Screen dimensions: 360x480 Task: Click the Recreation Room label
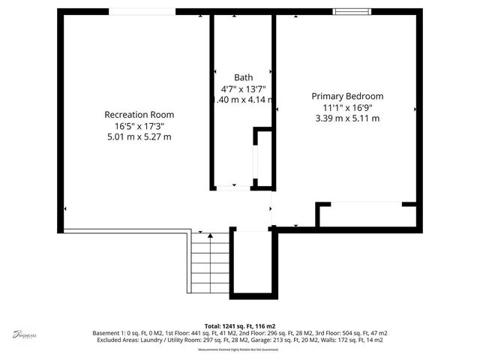click(139, 115)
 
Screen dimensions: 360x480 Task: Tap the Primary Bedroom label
click(347, 96)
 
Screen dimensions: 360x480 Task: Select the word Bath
click(243, 77)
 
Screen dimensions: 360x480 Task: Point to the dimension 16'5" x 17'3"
click(139, 126)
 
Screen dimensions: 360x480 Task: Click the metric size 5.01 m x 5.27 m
click(139, 137)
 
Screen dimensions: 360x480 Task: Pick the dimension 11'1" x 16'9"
click(347, 107)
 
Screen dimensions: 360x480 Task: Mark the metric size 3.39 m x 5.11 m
click(347, 118)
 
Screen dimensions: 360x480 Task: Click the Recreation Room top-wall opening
click(142, 11)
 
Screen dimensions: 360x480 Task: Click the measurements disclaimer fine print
click(239, 349)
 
